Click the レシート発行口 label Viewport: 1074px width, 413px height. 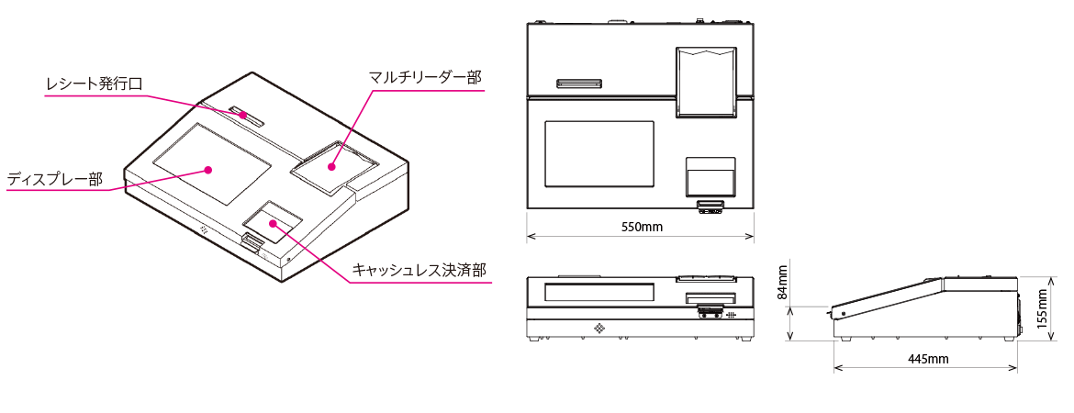pyautogui.click(x=95, y=84)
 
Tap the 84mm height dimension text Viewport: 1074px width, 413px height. pyautogui.click(x=783, y=283)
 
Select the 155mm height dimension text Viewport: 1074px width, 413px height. pyautogui.click(x=1042, y=308)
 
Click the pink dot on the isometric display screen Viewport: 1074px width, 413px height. pyautogui.click(x=208, y=170)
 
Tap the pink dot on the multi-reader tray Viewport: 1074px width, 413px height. pyautogui.click(x=332, y=166)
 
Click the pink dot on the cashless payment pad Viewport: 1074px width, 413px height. pyautogui.click(x=273, y=222)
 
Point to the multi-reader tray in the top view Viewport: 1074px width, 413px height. pyautogui.click(x=706, y=82)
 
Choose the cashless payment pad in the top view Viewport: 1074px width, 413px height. pyautogui.click(x=711, y=177)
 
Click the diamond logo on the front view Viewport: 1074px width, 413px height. pyautogui.click(x=599, y=328)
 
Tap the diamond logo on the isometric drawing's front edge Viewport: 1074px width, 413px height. pyautogui.click(x=203, y=229)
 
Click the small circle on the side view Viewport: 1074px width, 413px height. pyautogui.click(x=843, y=315)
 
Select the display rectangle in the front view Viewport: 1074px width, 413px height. pyautogui.click(x=599, y=293)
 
